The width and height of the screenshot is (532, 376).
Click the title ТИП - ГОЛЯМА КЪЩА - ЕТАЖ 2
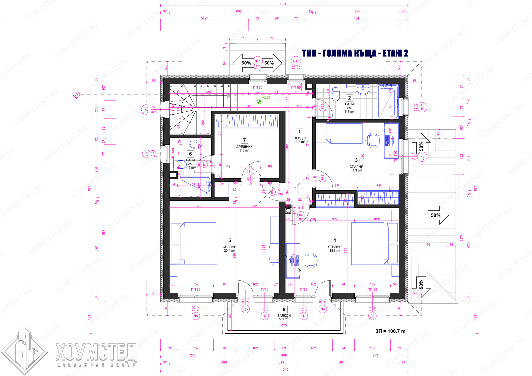click(355, 53)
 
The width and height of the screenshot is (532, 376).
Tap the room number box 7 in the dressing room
click(244, 140)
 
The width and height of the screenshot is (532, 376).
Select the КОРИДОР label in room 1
click(299, 138)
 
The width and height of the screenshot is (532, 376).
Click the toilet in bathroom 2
click(336, 95)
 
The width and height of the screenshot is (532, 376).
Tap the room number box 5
click(229, 240)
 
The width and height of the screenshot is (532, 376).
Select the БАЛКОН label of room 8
click(284, 316)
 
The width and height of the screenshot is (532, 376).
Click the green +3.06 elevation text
click(266, 98)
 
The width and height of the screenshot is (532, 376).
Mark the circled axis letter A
click(77, 95)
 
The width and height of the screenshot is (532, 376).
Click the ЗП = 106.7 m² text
click(391, 331)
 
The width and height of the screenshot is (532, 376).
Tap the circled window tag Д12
click(422, 107)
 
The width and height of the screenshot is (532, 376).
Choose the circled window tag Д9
click(146, 154)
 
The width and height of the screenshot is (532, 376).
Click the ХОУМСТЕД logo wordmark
click(96, 352)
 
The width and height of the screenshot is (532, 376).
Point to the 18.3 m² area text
click(334, 251)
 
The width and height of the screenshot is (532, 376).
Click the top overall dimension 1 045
click(284, 4)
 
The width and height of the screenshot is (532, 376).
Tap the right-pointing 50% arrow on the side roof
click(438, 215)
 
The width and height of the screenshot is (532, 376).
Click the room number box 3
click(356, 160)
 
